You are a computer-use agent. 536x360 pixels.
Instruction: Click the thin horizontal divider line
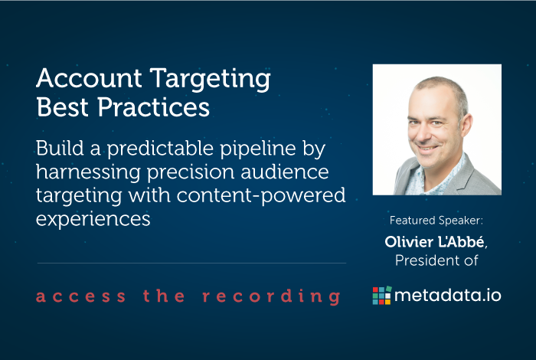click(x=191, y=263)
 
